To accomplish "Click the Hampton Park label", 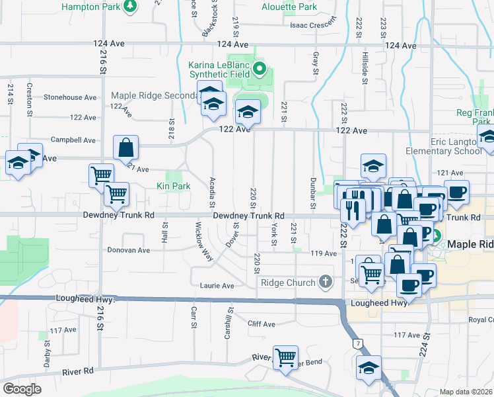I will (91, 7).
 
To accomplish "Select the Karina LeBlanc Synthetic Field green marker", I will (260, 69).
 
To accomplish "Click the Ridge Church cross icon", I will (324, 283).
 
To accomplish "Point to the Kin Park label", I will (173, 187).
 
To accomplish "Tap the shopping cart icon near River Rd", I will (285, 358).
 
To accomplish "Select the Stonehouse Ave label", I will (70, 97).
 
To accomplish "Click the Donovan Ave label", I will (129, 251).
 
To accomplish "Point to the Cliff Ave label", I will (261, 324).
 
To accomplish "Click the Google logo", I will (22, 389).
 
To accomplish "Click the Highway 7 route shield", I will (357, 343).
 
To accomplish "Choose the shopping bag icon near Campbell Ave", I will (125, 150).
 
